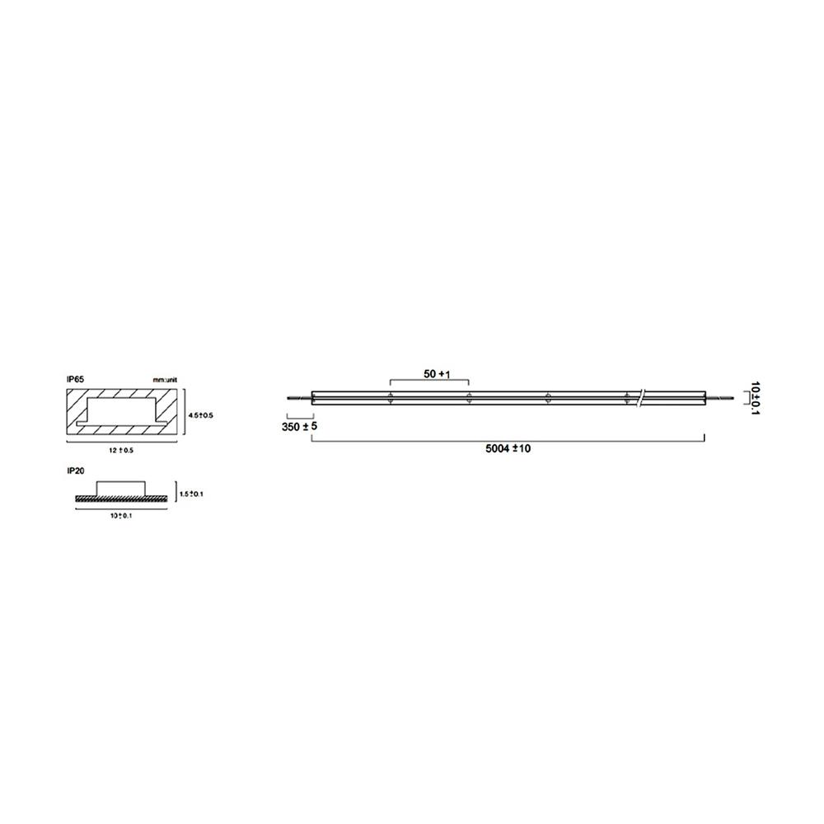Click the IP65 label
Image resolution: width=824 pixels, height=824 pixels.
point(74,379)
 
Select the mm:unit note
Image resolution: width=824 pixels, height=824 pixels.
point(165,379)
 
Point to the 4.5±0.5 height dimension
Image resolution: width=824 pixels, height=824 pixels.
point(200,415)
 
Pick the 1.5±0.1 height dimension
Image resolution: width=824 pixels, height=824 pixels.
point(191,494)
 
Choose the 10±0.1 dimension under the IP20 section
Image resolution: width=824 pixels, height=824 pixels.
point(120,516)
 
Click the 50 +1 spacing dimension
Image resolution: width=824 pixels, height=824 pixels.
point(437,374)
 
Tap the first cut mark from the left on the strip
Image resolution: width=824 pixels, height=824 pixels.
point(389,398)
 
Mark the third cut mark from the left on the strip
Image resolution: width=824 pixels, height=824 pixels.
point(548,398)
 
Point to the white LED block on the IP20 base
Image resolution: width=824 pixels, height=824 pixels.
point(122,489)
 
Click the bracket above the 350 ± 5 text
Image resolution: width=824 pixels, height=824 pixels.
point(297,414)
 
